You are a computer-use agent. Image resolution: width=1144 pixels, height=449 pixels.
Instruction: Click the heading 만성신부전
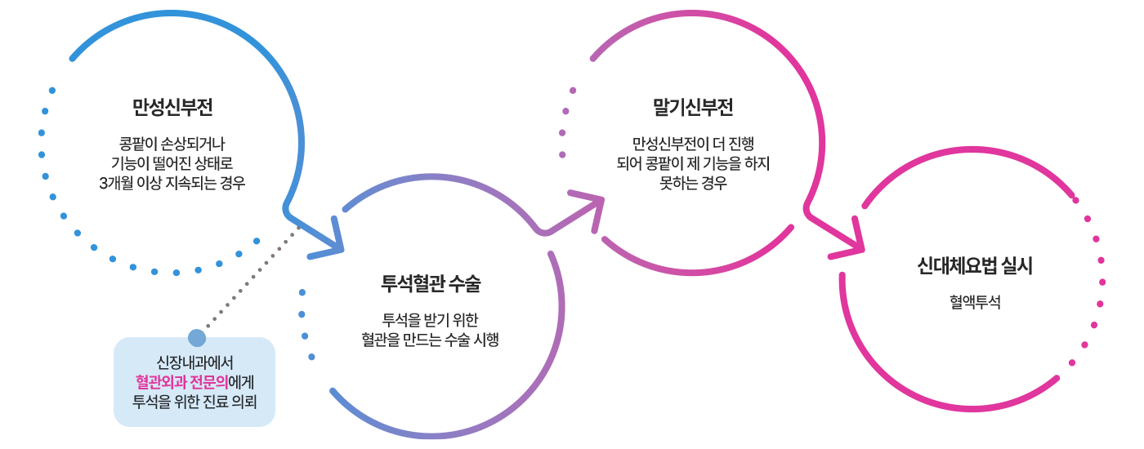(172, 107)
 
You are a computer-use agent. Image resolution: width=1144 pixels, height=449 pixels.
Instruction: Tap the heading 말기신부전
(693, 107)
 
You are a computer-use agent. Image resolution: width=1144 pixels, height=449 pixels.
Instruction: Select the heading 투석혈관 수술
(431, 283)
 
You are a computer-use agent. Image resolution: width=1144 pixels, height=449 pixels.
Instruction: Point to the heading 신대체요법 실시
(975, 266)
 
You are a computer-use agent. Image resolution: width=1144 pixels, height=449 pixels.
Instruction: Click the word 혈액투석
(975, 302)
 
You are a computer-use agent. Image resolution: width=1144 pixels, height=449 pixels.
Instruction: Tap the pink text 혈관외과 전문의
(181, 382)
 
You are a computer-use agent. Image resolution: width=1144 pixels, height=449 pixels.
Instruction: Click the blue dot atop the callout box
(197, 338)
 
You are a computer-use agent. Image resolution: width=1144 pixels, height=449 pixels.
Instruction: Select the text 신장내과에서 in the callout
(194, 362)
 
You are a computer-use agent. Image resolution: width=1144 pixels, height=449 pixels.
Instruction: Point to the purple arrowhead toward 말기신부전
(592, 207)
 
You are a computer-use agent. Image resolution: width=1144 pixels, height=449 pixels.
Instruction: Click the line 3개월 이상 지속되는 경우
(172, 183)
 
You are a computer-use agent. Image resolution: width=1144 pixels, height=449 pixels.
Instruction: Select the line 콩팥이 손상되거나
(172, 144)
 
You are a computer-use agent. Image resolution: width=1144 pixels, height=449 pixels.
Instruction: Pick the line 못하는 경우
(693, 183)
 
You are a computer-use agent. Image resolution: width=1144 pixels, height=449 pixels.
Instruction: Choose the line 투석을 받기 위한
(431, 320)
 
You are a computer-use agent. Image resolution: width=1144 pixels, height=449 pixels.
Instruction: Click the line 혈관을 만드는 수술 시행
(431, 340)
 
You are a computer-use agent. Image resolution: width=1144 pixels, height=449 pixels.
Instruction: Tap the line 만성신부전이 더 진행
(693, 144)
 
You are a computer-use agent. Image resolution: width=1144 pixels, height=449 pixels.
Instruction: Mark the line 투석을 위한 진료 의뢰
(194, 402)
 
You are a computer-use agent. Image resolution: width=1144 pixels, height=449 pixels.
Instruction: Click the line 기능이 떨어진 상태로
(172, 163)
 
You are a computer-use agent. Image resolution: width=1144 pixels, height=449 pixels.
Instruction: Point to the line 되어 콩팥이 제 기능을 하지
(693, 163)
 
